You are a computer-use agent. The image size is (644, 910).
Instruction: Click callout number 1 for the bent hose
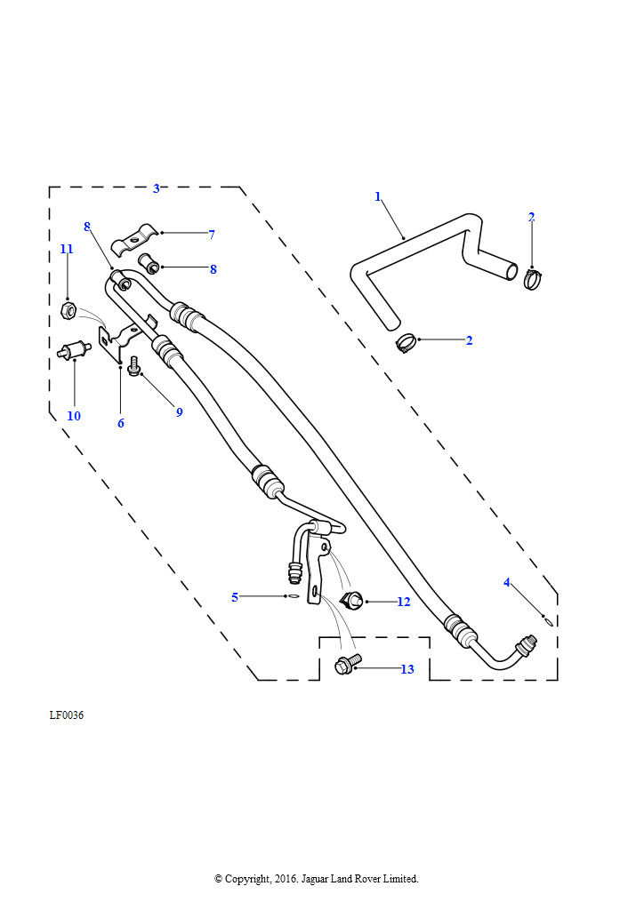point(377,196)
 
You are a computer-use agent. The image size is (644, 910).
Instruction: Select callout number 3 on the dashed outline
point(157,188)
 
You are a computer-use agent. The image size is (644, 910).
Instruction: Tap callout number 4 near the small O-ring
point(507,583)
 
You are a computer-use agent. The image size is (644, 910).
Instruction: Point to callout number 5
point(235,597)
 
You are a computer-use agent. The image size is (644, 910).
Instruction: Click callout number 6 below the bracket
point(121,423)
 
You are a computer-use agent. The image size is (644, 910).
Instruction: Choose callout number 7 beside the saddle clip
point(212,235)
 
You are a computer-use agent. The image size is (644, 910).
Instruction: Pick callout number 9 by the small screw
point(179,412)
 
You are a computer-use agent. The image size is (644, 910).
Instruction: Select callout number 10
point(74,416)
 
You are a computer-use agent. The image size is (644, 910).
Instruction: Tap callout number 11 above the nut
point(67,250)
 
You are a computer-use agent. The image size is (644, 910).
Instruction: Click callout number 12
point(404,602)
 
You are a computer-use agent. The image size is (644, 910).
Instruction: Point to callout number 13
point(407,669)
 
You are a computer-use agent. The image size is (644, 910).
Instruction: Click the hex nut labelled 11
point(67,310)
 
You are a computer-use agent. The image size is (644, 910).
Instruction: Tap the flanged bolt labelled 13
point(346,663)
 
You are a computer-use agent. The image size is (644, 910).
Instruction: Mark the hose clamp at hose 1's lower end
point(407,342)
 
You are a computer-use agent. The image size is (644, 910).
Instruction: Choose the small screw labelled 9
point(134,366)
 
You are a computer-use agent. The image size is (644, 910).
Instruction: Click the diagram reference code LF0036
point(67,715)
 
